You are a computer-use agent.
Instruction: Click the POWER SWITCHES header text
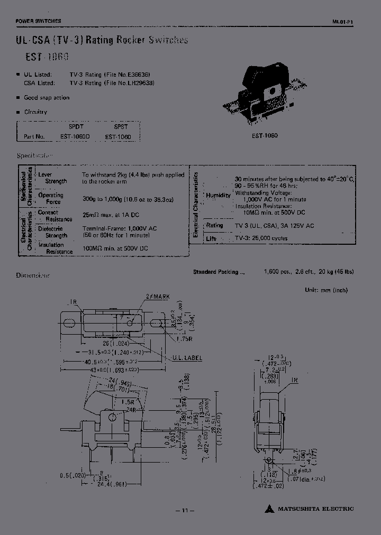pos(39,21)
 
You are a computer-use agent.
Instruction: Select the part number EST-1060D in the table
pos(75,136)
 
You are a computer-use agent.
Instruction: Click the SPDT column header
pos(76,127)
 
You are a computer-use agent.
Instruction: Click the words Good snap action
pos(47,98)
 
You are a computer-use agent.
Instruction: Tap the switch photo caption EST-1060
pos(265,136)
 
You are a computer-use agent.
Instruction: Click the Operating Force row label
pos(51,198)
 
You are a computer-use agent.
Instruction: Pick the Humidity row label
pos(219,195)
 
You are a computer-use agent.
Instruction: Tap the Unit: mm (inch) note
pos(326,290)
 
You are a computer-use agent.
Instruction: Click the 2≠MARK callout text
pos(157,297)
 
